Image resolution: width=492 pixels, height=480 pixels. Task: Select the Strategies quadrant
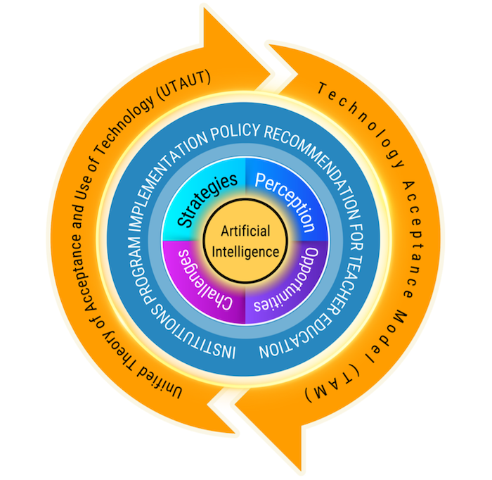pos(207,201)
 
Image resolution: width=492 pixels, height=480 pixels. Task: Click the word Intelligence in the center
pos(245,251)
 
